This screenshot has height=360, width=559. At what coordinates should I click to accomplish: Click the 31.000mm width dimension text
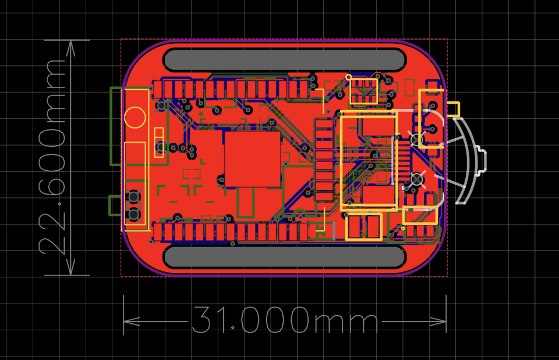pos(285,320)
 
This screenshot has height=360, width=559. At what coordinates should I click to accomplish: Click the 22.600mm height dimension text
pos(53,157)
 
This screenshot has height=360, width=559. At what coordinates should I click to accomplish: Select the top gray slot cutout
pos(285,59)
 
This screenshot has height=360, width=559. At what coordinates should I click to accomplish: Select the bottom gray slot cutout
pos(285,256)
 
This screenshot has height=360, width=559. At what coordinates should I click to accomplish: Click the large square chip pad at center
pos(252,159)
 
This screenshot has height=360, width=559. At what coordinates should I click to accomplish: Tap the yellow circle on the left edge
pos(135,117)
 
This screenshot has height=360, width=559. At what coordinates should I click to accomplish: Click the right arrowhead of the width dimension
pos(438,321)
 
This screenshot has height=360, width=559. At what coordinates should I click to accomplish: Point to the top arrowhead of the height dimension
pos(71,48)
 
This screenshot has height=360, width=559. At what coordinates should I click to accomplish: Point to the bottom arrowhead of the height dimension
pos(71,267)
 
